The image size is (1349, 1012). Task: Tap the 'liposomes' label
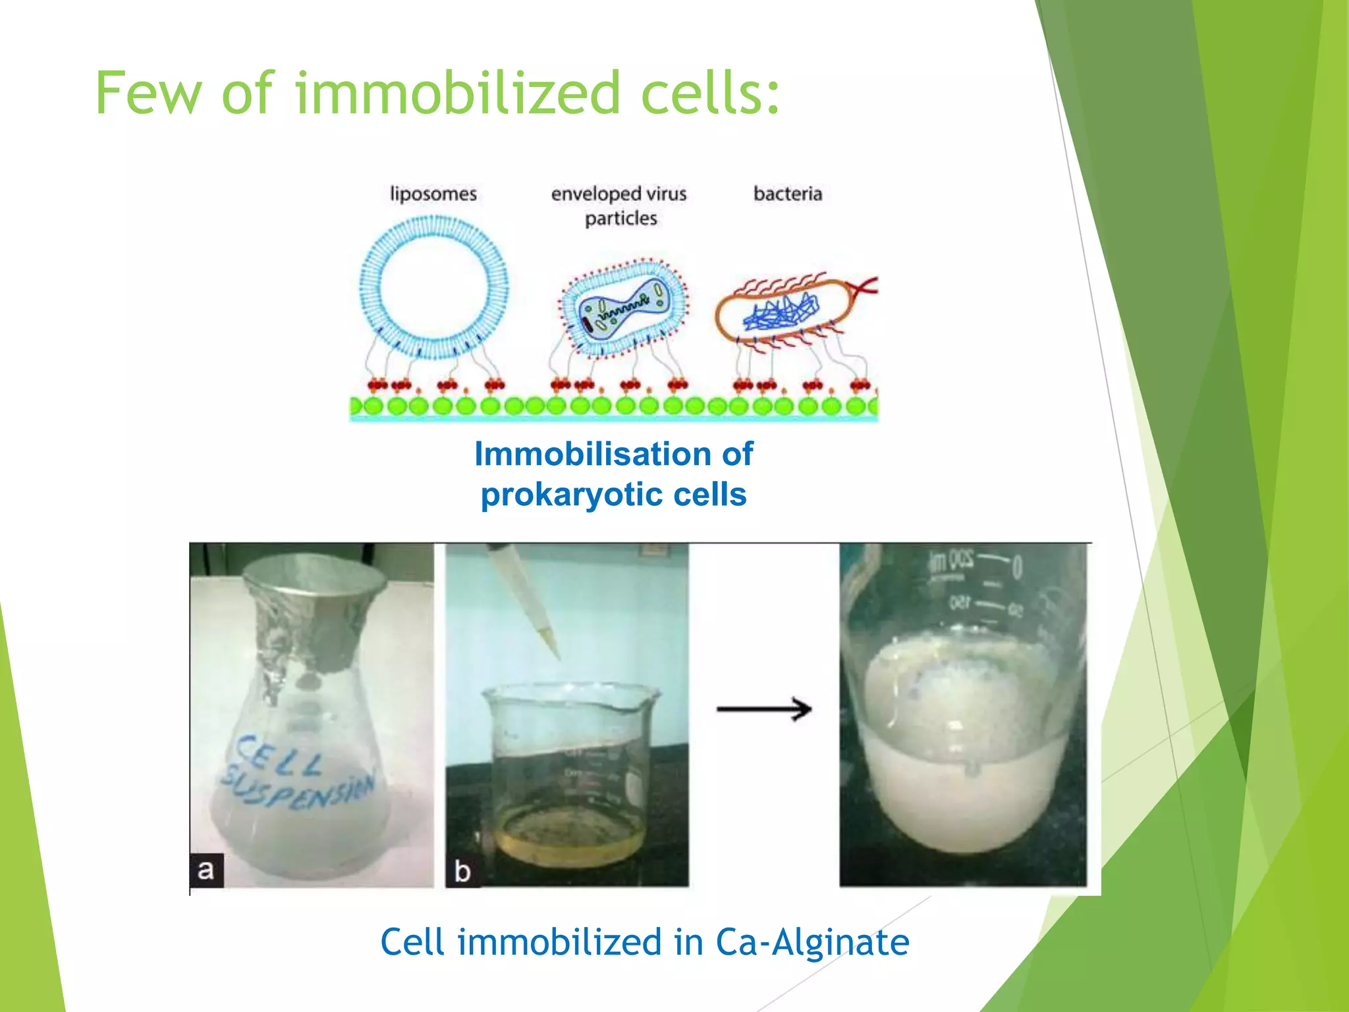click(433, 194)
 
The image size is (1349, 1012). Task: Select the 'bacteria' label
click(788, 194)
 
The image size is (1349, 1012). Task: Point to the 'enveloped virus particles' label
click(619, 205)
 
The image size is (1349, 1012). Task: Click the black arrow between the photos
click(764, 710)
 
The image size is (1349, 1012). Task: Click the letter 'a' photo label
click(206, 870)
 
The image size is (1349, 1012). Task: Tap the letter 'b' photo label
click(462, 872)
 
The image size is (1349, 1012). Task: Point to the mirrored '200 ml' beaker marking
click(951, 560)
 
